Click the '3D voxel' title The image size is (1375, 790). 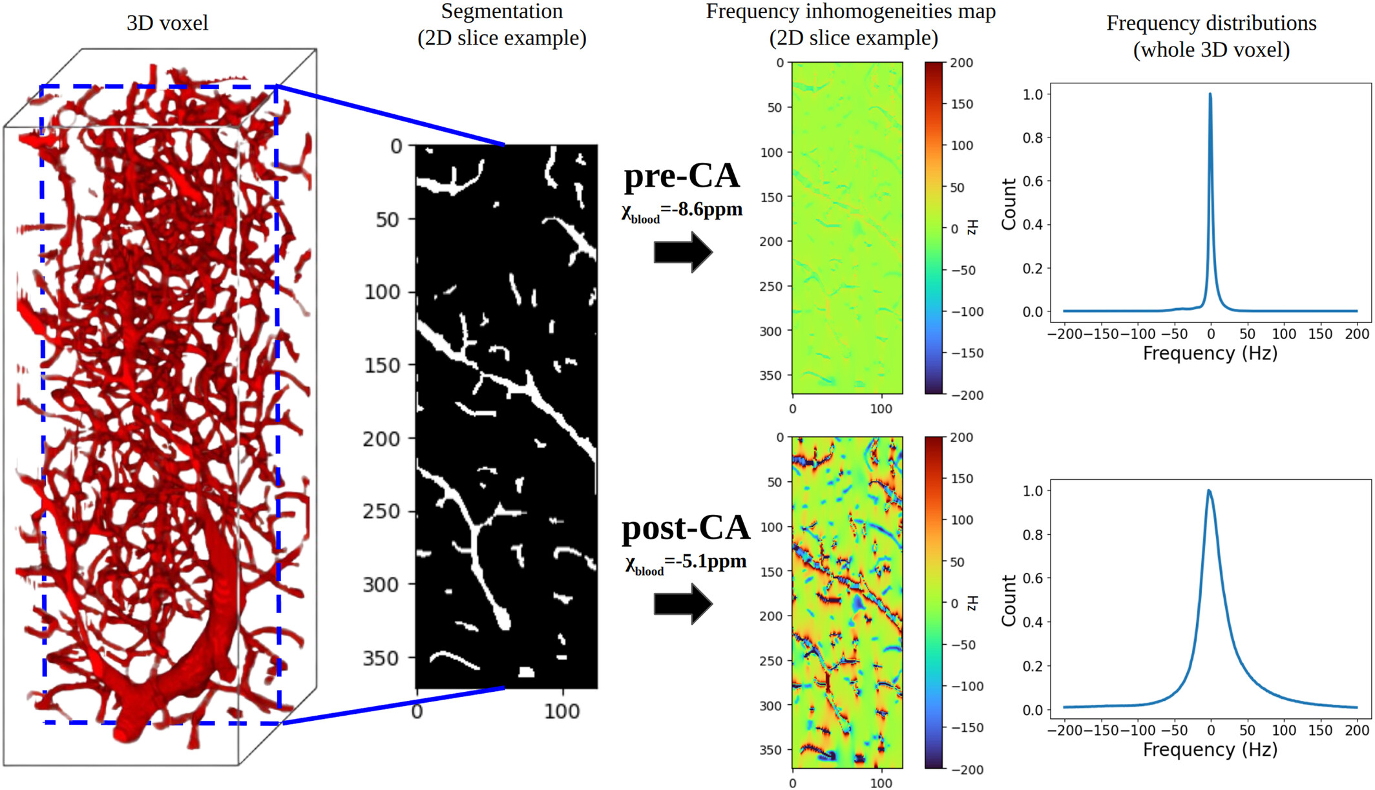[x=167, y=23]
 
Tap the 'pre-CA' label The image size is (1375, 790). [x=682, y=176]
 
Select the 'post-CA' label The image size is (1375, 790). [x=686, y=528]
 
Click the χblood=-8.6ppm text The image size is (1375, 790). [x=682, y=211]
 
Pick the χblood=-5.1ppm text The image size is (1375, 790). [x=686, y=563]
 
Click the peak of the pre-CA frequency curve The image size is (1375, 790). [x=1210, y=94]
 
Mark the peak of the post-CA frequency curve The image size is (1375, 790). [x=1209, y=490]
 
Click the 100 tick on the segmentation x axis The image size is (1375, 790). [x=562, y=712]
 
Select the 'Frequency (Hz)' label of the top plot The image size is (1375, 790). [x=1210, y=353]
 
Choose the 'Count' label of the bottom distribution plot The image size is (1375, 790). [x=1009, y=601]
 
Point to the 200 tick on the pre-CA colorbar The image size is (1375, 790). [x=961, y=63]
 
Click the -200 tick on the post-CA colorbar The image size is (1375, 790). [x=967, y=769]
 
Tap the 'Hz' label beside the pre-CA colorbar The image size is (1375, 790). [x=972, y=227]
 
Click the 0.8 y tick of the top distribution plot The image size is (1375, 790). [x=1033, y=138]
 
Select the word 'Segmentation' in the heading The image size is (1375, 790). [x=502, y=11]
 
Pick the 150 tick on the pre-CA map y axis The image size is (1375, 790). [x=771, y=197]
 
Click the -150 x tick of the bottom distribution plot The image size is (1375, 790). [x=1101, y=731]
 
